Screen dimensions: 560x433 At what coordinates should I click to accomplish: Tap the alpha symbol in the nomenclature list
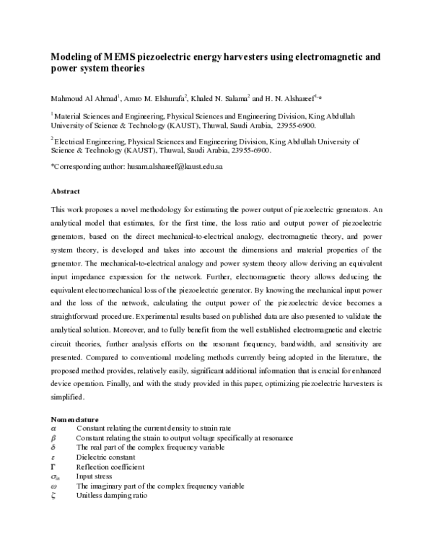[53, 428]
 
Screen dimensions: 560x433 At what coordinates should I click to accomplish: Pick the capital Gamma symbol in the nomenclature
[53, 466]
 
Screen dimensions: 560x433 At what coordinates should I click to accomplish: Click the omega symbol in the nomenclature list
[53, 486]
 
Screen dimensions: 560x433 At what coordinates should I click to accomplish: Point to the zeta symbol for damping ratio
[53, 496]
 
